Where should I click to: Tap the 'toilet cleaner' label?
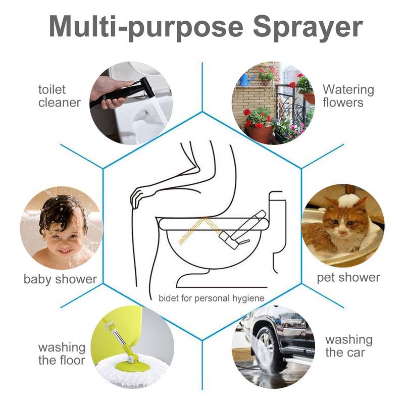59,96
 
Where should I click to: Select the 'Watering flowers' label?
348,96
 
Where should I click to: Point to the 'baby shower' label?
60,279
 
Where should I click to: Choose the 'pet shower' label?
348,277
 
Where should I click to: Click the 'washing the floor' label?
62,353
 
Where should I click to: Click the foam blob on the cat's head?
348,200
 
